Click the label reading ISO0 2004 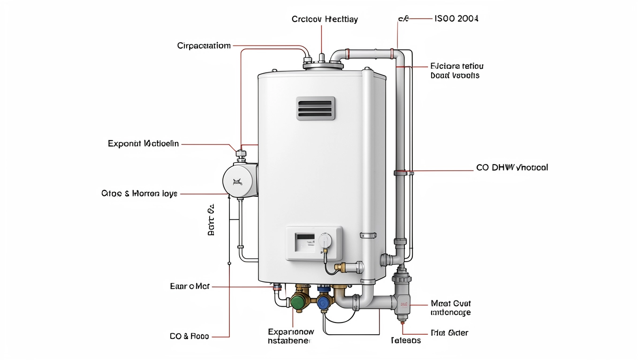click(456, 19)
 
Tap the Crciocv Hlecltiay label click(325, 19)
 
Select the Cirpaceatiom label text click(204, 45)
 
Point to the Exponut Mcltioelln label click(143, 143)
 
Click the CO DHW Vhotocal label click(512, 167)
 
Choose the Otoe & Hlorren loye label click(139, 193)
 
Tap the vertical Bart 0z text click(211, 219)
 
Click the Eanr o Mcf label click(190, 286)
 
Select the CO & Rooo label click(189, 336)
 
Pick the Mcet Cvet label click(451, 304)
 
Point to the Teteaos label click(406, 340)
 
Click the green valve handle click(297, 303)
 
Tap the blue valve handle click(324, 303)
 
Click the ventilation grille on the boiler click(316, 108)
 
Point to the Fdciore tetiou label click(456, 66)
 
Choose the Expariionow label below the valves click(291, 332)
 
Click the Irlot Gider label click(449, 333)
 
